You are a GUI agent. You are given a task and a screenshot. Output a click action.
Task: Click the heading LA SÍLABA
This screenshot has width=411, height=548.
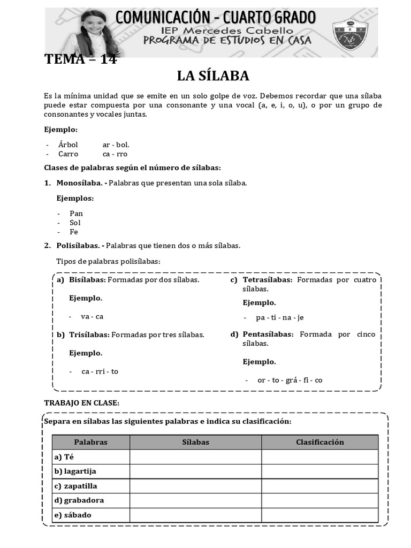point(213,76)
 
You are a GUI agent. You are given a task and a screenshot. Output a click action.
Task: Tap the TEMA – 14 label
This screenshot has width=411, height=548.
point(80,59)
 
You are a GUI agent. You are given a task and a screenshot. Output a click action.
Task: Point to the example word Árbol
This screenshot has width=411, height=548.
point(68,144)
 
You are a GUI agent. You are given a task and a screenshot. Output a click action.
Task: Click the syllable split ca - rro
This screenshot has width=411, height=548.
point(115,154)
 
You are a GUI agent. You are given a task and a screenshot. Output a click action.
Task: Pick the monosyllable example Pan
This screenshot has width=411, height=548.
point(76,213)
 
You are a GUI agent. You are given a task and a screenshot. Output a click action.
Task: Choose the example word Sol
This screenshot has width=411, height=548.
point(75,223)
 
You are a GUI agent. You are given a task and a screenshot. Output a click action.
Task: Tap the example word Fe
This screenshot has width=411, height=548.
point(74,232)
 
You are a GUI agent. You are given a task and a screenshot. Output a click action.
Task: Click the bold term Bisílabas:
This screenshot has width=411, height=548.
point(88,280)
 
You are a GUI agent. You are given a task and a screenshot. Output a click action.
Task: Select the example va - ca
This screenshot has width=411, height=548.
point(92,316)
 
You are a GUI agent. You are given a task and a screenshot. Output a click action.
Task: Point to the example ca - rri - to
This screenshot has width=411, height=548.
point(100,371)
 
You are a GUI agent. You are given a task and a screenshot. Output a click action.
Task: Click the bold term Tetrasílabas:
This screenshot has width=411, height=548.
point(268,280)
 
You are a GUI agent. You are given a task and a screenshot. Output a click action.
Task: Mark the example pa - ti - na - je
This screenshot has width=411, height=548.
point(280,317)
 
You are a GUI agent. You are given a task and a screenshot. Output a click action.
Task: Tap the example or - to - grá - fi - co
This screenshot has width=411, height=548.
point(290,380)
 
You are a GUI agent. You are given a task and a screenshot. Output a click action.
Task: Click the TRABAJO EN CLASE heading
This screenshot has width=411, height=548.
point(81,402)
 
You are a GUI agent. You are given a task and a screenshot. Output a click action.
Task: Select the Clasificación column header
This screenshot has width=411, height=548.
point(319,442)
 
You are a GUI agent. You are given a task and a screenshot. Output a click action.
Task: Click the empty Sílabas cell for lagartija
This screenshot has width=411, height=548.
point(195,471)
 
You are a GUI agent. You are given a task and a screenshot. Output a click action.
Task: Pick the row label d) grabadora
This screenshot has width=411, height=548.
point(79,500)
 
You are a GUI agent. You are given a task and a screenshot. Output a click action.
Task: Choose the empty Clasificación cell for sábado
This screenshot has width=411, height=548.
point(319,515)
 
